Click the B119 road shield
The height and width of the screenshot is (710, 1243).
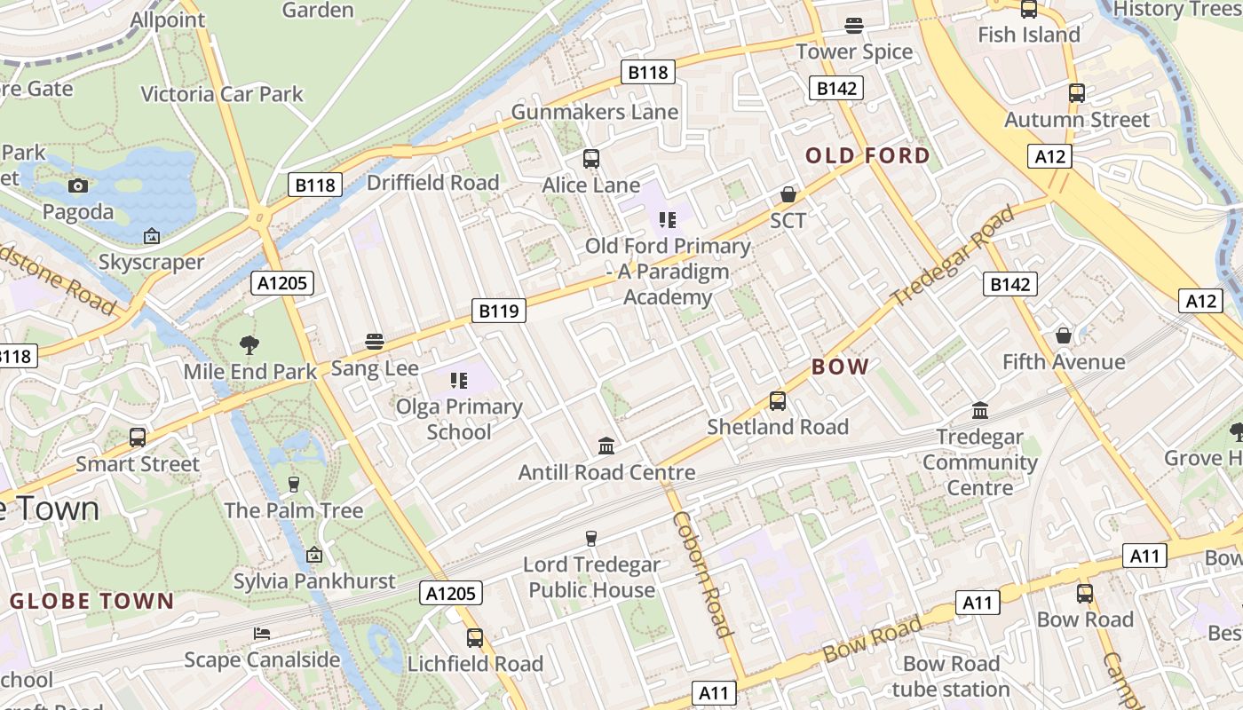[x=498, y=311]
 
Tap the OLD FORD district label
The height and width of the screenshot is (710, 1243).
[x=867, y=156]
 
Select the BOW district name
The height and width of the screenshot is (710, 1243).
[x=840, y=367]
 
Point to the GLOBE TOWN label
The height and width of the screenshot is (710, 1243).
[x=92, y=601]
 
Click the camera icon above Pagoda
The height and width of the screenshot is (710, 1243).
[x=78, y=185]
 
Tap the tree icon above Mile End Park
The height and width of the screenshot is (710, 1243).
[x=249, y=345]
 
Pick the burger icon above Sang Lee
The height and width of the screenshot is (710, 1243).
[x=375, y=342]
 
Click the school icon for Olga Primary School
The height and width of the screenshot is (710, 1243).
[x=458, y=381]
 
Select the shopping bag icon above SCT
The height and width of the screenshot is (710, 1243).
[x=788, y=193]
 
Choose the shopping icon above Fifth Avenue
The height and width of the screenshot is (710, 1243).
[x=1064, y=335]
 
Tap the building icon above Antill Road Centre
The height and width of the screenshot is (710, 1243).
[x=606, y=445]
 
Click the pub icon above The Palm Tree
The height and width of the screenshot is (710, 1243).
[x=294, y=484]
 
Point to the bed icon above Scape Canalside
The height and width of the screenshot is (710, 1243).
[x=262, y=634]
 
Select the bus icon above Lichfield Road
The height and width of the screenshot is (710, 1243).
[x=475, y=637]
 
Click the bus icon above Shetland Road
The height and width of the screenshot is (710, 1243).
[x=778, y=400]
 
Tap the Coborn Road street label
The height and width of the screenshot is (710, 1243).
[x=701, y=574]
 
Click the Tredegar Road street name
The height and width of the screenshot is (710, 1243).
[x=954, y=256]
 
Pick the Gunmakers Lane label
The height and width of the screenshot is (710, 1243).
[x=595, y=113]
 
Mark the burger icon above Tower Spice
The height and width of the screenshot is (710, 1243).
[x=854, y=25]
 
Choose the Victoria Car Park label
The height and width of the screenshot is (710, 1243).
[x=222, y=94]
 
